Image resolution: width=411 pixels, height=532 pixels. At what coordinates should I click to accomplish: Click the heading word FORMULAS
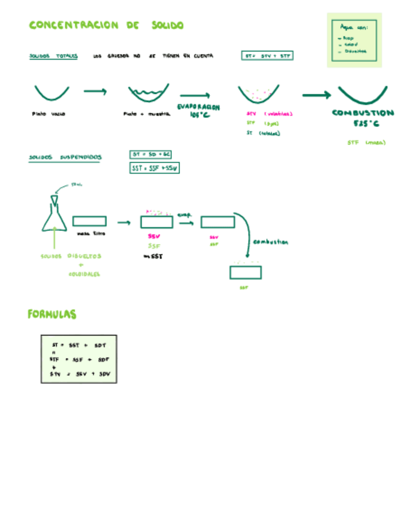coord(52,314)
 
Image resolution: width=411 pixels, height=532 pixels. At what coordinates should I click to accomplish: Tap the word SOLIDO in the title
coord(167,25)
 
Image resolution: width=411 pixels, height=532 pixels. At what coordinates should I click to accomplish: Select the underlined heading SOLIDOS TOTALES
coord(53,56)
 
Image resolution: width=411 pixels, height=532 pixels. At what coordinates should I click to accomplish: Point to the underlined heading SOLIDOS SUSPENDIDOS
coord(65,157)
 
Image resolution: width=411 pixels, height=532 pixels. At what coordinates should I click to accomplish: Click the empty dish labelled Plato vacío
coord(51,93)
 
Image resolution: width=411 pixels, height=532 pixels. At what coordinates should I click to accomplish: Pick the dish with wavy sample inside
coord(148,94)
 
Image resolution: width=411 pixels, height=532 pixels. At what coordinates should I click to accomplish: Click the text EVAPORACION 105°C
coord(199,111)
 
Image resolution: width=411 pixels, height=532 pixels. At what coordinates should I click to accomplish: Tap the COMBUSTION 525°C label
coord(363,118)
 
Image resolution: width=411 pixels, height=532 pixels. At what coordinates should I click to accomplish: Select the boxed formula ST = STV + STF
coord(268,56)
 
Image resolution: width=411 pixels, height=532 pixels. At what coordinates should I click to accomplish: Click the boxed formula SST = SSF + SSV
coord(155,168)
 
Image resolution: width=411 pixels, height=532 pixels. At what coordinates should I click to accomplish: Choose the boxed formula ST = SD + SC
coord(151,154)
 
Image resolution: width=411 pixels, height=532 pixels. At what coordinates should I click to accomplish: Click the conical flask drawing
coord(55,216)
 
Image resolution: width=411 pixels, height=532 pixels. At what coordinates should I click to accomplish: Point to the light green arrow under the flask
coord(56,242)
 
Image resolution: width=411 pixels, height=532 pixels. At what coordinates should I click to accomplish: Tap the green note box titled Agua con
coord(354,40)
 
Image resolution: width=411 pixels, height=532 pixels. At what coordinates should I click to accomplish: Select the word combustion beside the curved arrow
coord(271,242)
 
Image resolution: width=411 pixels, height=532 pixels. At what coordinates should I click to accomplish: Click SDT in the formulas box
coord(100,345)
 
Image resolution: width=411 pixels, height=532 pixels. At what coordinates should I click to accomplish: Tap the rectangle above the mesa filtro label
coord(89,221)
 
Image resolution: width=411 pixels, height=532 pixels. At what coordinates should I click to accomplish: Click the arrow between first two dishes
coord(95,91)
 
